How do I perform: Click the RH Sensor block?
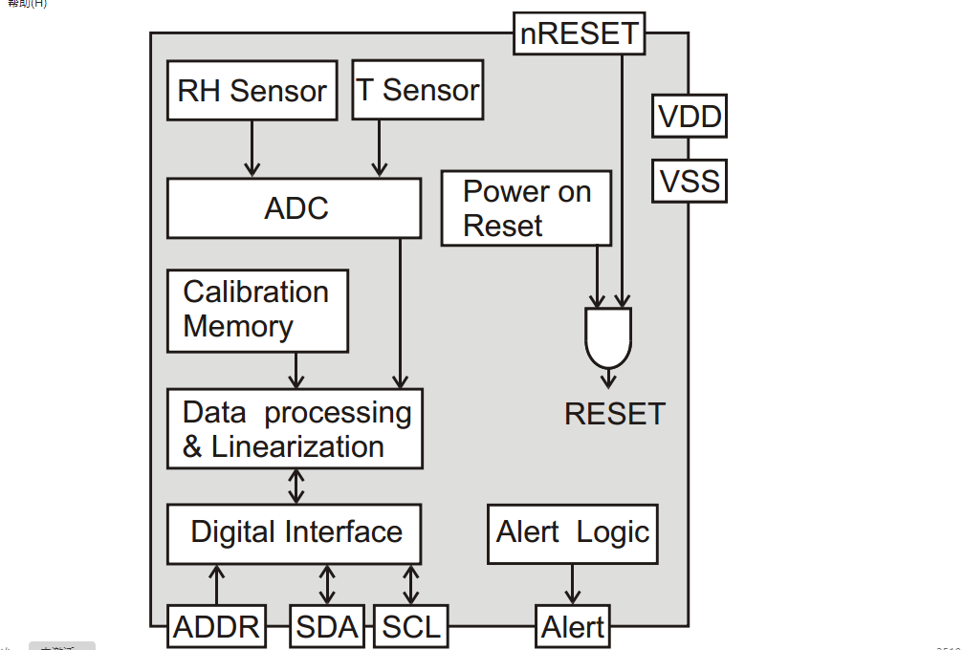coord(252,91)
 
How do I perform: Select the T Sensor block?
coord(418,91)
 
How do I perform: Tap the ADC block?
coord(295,208)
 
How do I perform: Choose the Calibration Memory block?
coord(257,311)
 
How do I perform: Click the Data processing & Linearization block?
coord(295,428)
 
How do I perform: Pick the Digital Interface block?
coord(295,532)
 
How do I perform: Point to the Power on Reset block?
coord(526,208)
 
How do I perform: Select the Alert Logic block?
coord(573,532)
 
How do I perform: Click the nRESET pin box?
coord(579,33)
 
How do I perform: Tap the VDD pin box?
coord(690,118)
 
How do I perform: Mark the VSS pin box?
coord(690,181)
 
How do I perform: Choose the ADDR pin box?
coord(217,627)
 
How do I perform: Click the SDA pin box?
coord(327,627)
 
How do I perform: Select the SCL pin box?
coord(411,627)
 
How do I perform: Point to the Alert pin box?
coord(573,627)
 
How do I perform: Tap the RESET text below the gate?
coord(614,414)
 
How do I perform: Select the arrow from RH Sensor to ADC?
coord(252,148)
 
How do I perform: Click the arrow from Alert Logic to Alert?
coord(573,583)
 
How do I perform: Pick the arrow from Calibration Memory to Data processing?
coord(296,370)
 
